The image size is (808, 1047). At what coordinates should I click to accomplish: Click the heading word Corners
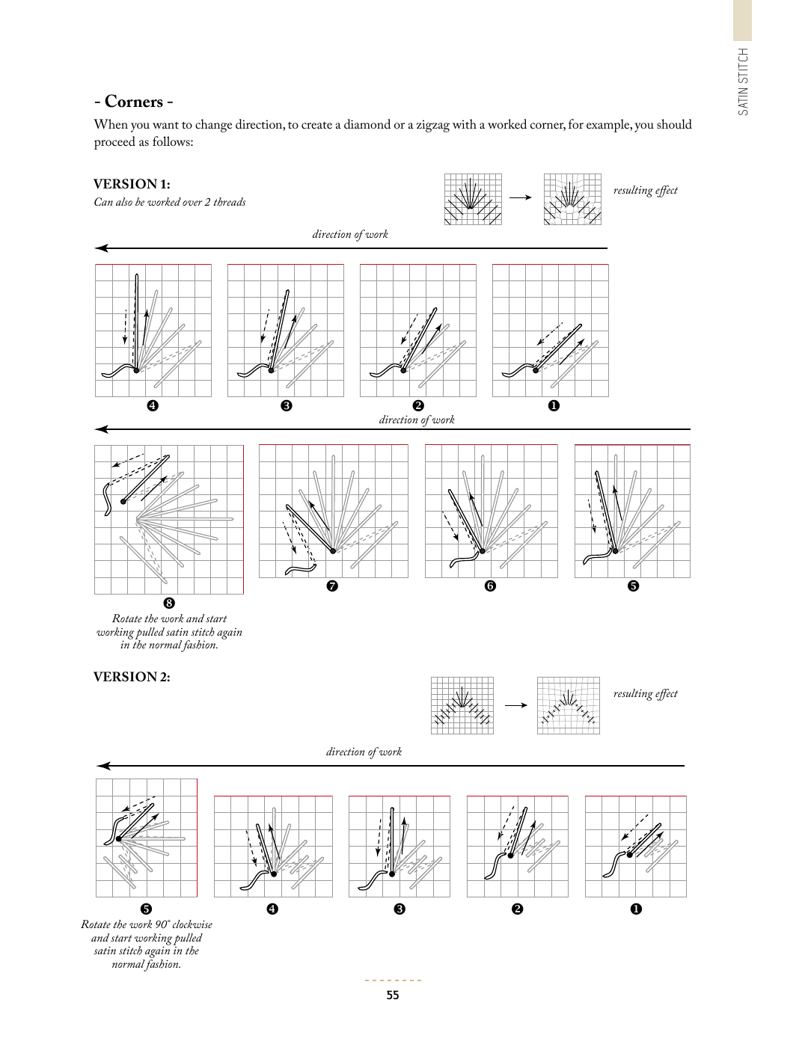(134, 102)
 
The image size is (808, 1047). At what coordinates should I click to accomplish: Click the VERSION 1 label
(132, 184)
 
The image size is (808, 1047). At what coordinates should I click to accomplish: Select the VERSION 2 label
(132, 677)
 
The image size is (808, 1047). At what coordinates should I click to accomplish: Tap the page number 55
(393, 995)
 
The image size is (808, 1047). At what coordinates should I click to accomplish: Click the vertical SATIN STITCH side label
(743, 82)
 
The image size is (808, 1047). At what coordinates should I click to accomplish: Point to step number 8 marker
(169, 603)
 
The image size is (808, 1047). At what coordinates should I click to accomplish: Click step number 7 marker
(333, 586)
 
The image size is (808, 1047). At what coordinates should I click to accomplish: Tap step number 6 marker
(490, 586)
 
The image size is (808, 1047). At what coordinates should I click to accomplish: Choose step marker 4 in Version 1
(153, 405)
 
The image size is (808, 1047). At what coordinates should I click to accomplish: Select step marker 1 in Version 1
(554, 405)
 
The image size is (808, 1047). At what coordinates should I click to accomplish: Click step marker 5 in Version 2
(147, 909)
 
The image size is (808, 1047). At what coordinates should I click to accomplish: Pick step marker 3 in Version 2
(400, 909)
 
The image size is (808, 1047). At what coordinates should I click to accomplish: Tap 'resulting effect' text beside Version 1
(645, 190)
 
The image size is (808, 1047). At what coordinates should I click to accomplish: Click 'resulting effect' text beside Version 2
(645, 693)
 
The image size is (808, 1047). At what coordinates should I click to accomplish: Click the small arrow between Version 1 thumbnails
(520, 197)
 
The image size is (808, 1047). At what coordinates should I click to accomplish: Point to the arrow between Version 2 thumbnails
(515, 705)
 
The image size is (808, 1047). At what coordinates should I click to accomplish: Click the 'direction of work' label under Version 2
(364, 752)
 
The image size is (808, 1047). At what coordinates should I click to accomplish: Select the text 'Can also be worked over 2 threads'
(170, 202)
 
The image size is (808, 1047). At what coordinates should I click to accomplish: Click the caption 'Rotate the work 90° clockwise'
(147, 924)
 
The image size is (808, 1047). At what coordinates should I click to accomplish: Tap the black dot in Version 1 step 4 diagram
(136, 369)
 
